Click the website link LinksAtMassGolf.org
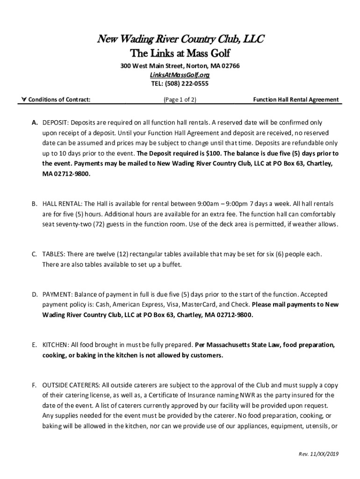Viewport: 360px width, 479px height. point(180,75)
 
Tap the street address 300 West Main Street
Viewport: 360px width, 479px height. point(152,66)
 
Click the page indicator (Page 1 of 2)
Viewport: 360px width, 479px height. point(180,100)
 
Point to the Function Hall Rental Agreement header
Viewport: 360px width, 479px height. point(296,100)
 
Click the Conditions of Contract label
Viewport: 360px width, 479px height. point(59,100)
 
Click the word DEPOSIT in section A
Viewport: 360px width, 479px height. point(55,123)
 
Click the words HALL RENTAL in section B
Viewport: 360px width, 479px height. point(62,204)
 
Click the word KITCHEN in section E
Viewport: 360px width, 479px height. point(55,345)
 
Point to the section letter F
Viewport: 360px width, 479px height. point(34,385)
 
